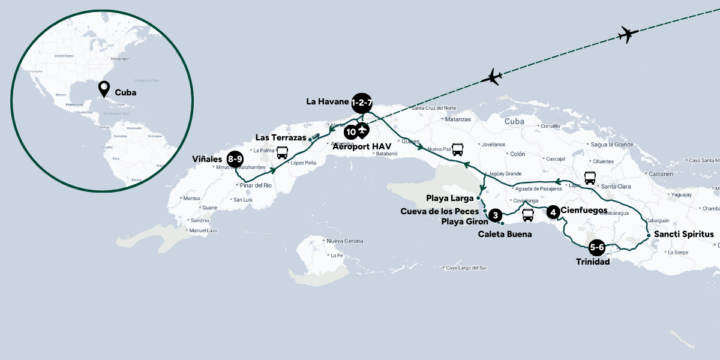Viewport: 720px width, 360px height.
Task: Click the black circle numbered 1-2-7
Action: point(362,103)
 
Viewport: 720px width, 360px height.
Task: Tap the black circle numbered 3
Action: point(494,215)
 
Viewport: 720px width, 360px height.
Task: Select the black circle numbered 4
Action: point(553,211)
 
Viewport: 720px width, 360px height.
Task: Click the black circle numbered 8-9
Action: point(235,160)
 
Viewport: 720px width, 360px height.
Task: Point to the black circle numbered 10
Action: point(350,131)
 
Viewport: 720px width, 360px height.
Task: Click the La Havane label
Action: point(327,101)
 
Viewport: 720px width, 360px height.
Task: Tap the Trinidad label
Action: point(593,262)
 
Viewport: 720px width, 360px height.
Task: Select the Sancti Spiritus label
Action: point(684,234)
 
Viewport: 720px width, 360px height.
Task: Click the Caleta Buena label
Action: point(505,234)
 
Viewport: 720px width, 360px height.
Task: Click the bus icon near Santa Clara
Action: point(590,178)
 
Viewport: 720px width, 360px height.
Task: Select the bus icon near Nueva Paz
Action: point(457,149)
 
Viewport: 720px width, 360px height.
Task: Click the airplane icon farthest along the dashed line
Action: point(628,35)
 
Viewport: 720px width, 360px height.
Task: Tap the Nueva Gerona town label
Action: point(345,241)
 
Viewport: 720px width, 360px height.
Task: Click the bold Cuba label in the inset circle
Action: point(125,93)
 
